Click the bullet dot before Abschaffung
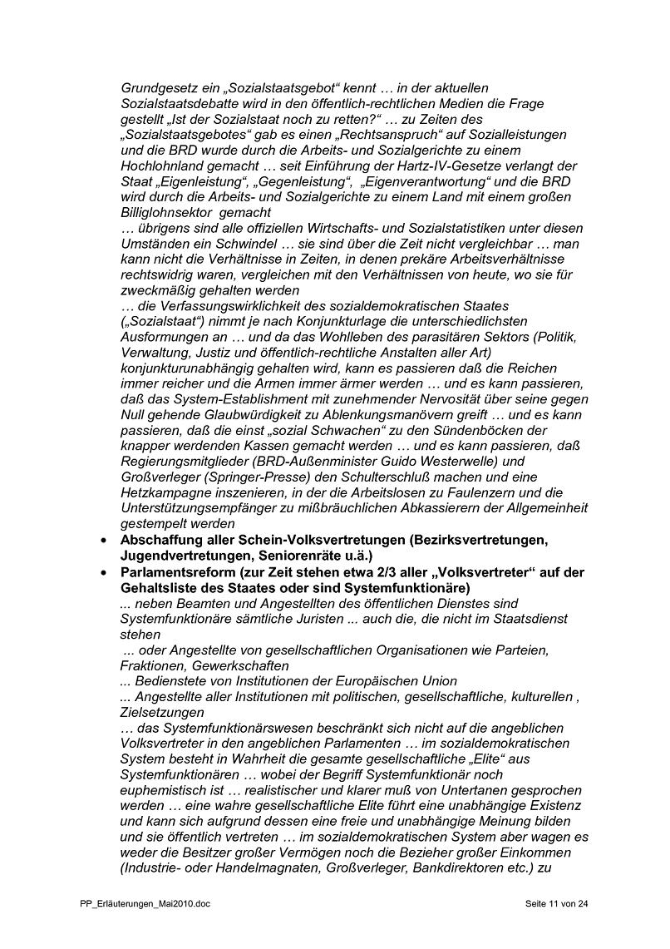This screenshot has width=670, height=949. pyautogui.click(x=103, y=541)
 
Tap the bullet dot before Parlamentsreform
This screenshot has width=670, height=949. pyautogui.click(x=103, y=572)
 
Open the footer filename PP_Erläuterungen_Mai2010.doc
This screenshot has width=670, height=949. pyautogui.click(x=140, y=903)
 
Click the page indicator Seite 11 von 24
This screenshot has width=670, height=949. pyautogui.click(x=557, y=903)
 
